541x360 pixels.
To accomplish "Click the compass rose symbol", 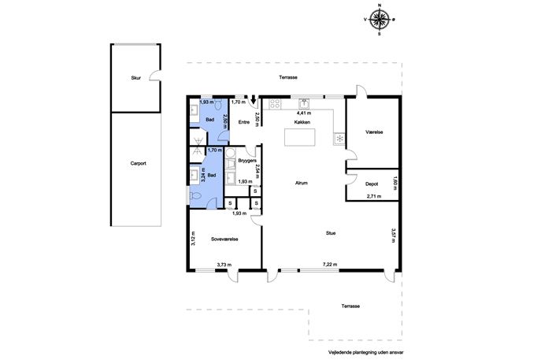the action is (x=380, y=20).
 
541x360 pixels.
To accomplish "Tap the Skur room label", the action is (x=136, y=78).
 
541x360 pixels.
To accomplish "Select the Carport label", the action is (x=139, y=163).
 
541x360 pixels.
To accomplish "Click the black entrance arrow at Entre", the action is (x=254, y=99).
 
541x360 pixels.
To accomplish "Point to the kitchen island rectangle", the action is (x=300, y=137).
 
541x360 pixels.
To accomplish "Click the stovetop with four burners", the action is (x=275, y=104).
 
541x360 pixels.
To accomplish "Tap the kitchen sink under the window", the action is (x=304, y=103).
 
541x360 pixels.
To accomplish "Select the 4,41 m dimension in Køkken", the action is (x=304, y=113).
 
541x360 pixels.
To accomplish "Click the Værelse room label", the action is (x=374, y=132).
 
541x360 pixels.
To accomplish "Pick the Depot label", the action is (x=372, y=184).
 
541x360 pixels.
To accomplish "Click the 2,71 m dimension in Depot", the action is (x=374, y=196).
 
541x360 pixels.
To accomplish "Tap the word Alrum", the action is (x=301, y=184).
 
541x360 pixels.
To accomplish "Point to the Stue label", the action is (x=331, y=233).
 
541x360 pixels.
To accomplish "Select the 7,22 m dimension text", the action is (x=330, y=265).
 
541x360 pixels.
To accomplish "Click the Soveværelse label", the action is (x=224, y=239).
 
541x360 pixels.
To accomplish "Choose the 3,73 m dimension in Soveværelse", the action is (x=224, y=265).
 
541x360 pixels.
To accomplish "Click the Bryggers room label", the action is (x=247, y=161).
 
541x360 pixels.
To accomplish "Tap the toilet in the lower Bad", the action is (x=195, y=196).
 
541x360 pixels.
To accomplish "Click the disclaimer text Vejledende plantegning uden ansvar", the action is (x=365, y=353).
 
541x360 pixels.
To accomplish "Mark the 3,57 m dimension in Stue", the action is (x=393, y=235).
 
